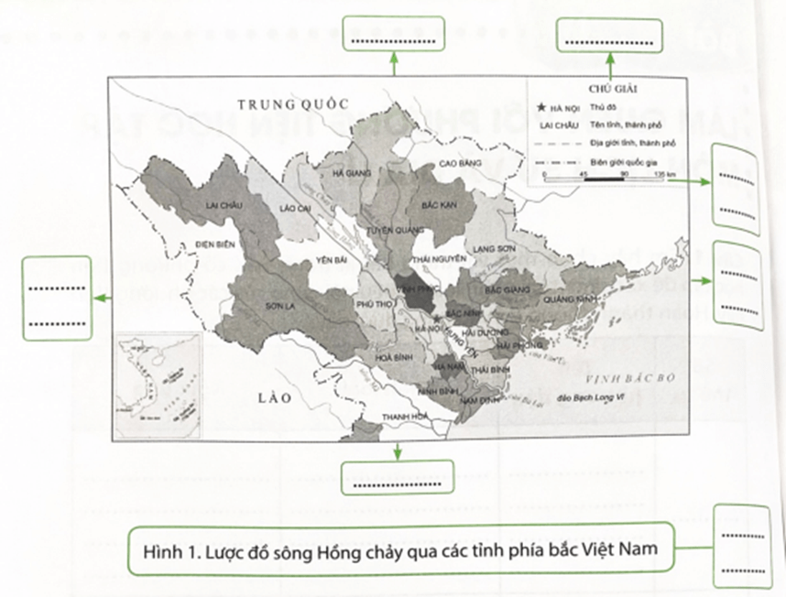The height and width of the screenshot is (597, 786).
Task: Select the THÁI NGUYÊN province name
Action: [435, 260]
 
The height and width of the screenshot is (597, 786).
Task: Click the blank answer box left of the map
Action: [57, 299]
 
